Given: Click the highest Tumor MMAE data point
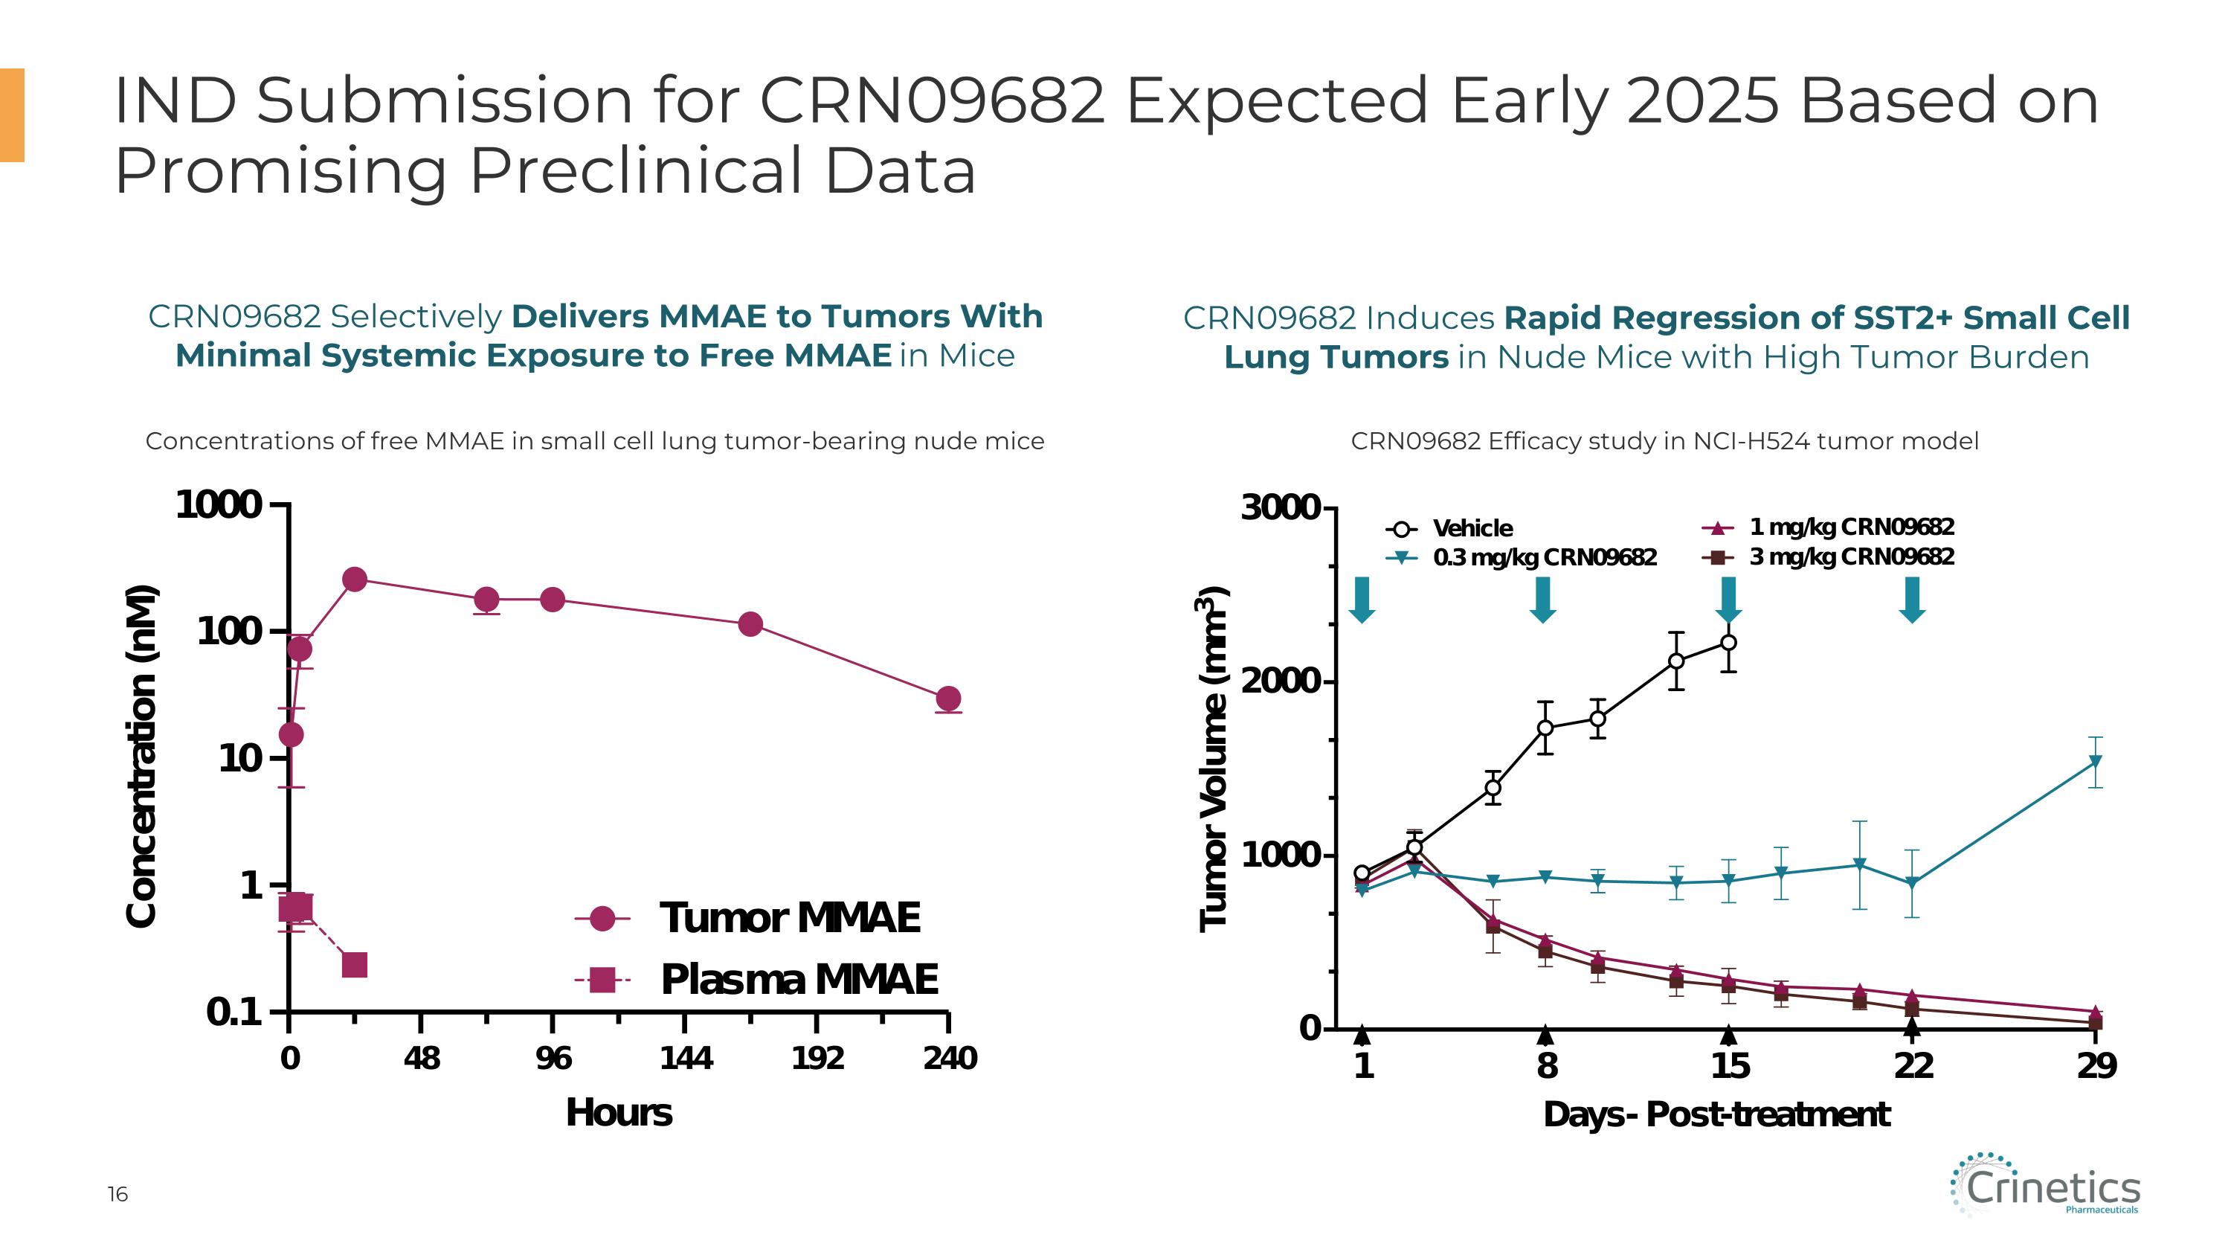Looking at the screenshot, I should coord(354,580).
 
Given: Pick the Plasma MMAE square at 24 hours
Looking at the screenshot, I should coord(354,964).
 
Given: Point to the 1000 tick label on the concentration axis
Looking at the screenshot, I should coord(218,505).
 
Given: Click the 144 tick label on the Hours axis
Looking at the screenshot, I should coord(685,1059).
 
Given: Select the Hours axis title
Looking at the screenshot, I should coord(619,1113).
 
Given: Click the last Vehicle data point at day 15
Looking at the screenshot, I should coord(1728,643).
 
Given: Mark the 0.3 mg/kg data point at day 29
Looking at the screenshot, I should coord(2095,763).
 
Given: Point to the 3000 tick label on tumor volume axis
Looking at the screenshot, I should coord(1280,507).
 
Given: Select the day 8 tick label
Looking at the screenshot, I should coord(1547,1066).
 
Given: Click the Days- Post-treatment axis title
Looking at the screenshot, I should coord(1716,1114).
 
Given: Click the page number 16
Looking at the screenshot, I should coord(117,1195).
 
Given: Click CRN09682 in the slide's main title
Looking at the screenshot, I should coord(932,100).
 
